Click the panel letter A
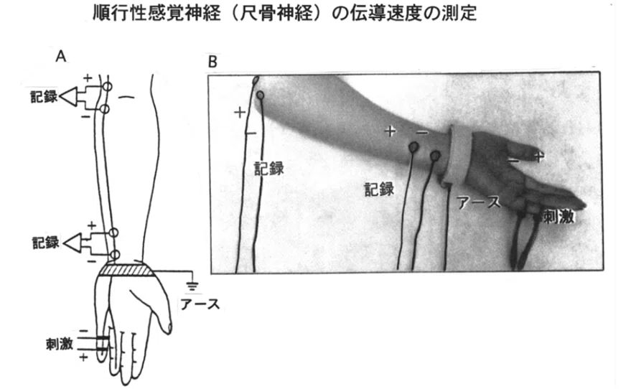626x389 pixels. click(x=61, y=56)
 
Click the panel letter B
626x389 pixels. click(x=212, y=62)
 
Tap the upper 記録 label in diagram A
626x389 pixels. click(x=44, y=97)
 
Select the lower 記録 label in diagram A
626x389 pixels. click(x=45, y=243)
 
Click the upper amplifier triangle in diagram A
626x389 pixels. click(x=68, y=97)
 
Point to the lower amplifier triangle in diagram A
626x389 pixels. click(x=72, y=243)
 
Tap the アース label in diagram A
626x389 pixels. click(x=200, y=304)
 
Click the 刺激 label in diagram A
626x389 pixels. click(x=60, y=344)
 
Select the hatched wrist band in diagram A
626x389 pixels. click(x=126, y=270)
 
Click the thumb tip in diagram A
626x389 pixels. click(x=169, y=329)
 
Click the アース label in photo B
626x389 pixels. click(x=479, y=202)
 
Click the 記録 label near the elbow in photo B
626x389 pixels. click(x=269, y=169)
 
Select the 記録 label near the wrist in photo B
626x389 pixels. click(x=379, y=189)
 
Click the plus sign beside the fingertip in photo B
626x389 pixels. click(x=539, y=156)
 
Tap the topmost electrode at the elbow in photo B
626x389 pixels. click(x=256, y=80)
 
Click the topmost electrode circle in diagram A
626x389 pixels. click(x=107, y=86)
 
